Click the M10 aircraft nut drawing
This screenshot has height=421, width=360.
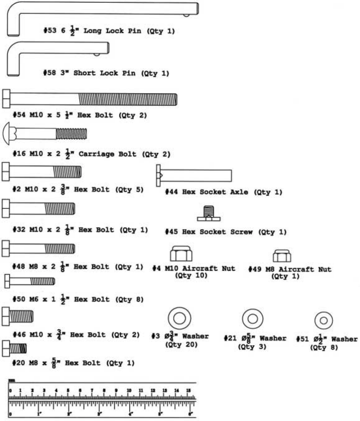coord(181,254)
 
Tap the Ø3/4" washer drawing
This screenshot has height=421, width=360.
coord(179,319)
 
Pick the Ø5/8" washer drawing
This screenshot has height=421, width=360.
coord(252,319)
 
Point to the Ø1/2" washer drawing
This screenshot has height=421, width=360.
coord(324,321)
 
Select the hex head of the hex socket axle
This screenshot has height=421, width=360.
coord(158,176)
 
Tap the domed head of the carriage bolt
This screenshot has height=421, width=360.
coord(7,134)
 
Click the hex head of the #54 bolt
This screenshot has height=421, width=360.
coord(6,99)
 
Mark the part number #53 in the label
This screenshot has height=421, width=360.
coord(50,31)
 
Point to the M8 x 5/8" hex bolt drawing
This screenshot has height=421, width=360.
coord(14,348)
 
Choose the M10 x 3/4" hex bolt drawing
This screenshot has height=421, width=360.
coord(17,316)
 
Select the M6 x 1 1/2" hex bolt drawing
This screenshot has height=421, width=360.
coord(30,281)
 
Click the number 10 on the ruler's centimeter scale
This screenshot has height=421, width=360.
coord(129,390)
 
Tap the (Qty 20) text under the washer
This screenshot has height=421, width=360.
coord(181,345)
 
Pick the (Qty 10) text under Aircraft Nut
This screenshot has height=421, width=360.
coord(191,275)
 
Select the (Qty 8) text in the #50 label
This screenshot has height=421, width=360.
coord(129,299)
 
